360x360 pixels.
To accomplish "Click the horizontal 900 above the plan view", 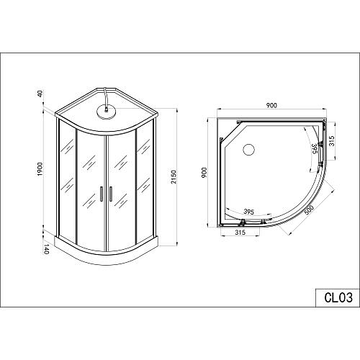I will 272,105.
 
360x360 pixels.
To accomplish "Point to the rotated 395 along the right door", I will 314,148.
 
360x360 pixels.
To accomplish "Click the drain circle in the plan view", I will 249,150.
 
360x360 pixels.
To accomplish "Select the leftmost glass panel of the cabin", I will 65,180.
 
